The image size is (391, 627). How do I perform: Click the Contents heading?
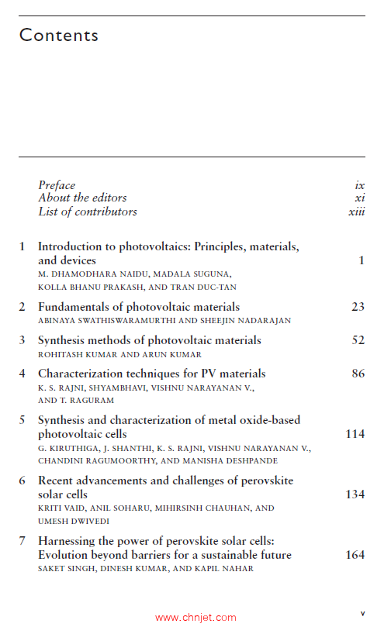pos(59,36)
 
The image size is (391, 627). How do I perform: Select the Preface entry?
pos(57,185)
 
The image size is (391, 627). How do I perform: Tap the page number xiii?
pos(356,212)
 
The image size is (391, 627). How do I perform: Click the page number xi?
pos(359,198)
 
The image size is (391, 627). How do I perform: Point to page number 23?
pos(358,307)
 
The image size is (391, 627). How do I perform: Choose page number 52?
pos(358,340)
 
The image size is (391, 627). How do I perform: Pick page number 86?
pos(358,374)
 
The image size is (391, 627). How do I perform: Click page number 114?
pos(355,434)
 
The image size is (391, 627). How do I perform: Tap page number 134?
pos(355,494)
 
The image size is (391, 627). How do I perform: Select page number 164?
pos(355,555)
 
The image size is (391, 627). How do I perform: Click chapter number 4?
pos(22,374)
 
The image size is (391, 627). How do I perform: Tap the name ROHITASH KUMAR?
pos(76,353)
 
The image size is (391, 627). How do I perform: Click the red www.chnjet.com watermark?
pos(195,618)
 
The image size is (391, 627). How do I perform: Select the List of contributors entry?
pos(88,212)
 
